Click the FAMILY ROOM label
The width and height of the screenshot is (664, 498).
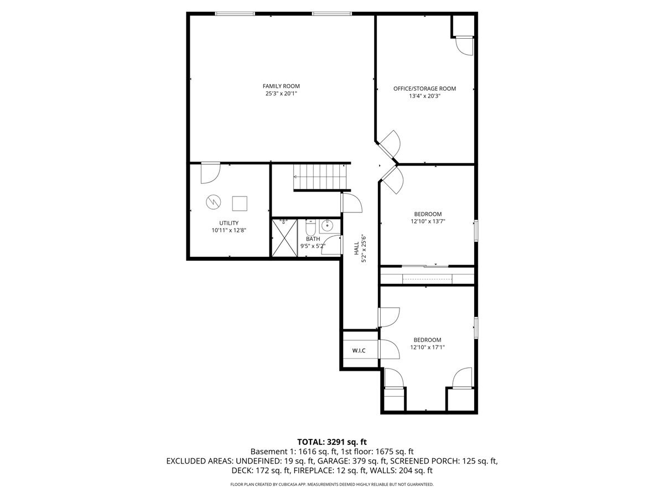(x=281, y=86)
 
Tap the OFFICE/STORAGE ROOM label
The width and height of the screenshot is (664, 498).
(x=424, y=89)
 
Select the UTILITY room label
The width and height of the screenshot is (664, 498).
(x=229, y=223)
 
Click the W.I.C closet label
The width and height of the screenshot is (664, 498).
(x=359, y=350)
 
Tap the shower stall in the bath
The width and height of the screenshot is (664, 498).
(x=285, y=238)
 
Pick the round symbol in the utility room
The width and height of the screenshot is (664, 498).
(x=213, y=203)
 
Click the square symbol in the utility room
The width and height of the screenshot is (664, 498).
(x=240, y=204)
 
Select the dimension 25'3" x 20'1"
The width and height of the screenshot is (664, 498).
(x=281, y=94)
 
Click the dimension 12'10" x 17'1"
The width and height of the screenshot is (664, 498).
(x=428, y=347)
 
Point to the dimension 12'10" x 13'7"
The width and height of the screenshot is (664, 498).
(x=428, y=221)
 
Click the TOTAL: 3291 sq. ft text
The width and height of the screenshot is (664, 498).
(x=332, y=442)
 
